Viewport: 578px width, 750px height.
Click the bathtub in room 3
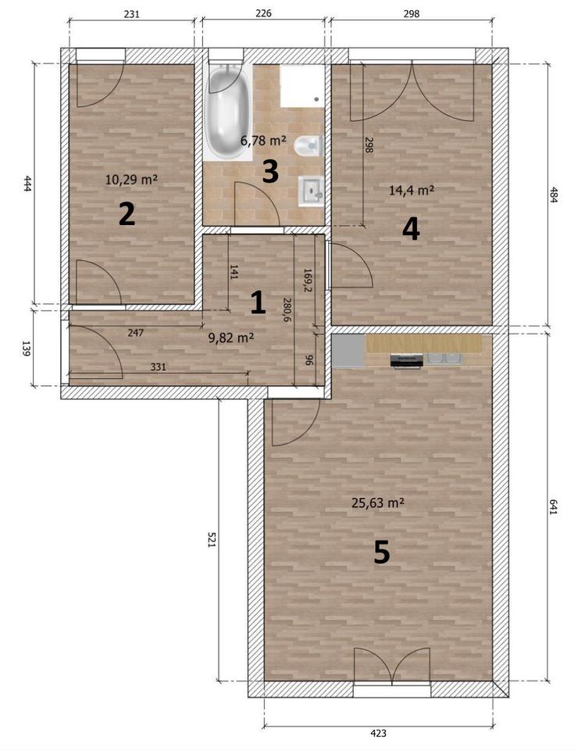point(228,112)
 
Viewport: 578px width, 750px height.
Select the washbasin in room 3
point(311,191)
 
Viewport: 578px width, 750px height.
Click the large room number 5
point(381,552)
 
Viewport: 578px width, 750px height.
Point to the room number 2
point(127,214)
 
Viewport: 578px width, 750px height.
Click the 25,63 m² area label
point(378,502)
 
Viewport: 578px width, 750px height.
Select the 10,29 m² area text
point(131,180)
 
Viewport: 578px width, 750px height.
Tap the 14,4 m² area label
point(411,190)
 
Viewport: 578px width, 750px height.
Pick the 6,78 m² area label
point(263,141)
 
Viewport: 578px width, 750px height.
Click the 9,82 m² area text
point(231,337)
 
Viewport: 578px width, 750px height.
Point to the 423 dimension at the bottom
point(378,732)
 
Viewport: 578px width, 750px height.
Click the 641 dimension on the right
point(553,506)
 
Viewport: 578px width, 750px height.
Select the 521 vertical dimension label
point(212,539)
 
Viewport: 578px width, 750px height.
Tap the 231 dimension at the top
point(131,14)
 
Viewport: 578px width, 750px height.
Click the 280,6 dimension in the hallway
point(287,309)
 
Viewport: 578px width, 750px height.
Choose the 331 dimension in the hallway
point(159,367)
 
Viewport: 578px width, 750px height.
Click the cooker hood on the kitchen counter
point(407,361)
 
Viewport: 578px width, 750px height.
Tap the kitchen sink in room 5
point(442,359)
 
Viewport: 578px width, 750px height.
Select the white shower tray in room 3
point(301,86)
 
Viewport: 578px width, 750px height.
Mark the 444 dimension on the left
point(27,184)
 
